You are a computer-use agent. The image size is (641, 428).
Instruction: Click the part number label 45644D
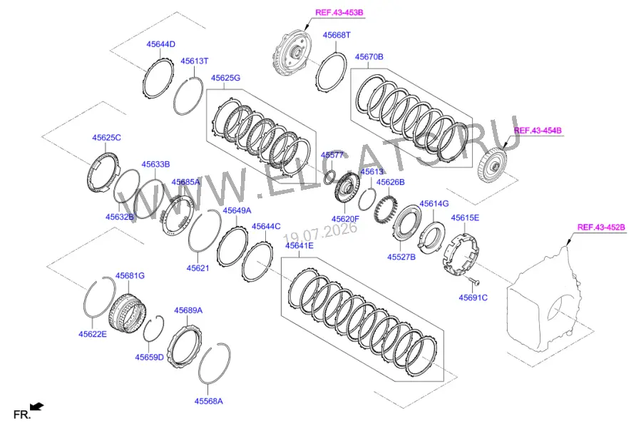point(160,44)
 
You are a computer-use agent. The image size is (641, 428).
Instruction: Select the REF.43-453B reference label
point(339,12)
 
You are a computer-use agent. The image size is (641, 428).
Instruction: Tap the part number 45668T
point(337,35)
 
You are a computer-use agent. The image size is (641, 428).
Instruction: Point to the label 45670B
point(369,57)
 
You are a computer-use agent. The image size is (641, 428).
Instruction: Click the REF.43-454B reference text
point(538,131)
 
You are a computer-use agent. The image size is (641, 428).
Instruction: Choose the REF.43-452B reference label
point(601,227)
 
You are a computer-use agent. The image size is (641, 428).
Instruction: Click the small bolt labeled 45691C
point(474,281)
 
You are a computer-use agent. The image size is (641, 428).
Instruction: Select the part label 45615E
point(465,218)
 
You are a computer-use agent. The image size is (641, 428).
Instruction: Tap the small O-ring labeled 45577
point(329,177)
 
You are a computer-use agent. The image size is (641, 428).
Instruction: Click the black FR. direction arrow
point(37,407)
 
